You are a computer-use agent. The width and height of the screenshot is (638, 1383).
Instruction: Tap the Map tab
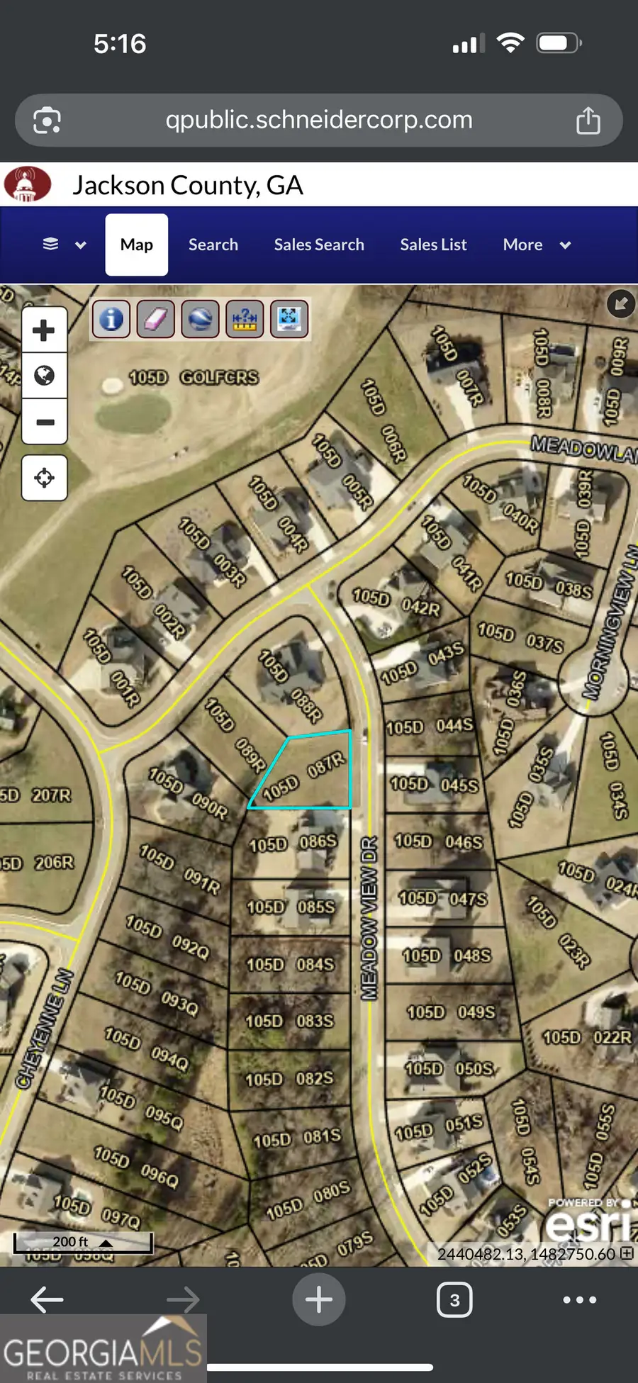coord(137,245)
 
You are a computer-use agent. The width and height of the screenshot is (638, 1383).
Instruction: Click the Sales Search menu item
coord(319,245)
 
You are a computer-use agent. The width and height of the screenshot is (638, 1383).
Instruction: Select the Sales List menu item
coord(433,245)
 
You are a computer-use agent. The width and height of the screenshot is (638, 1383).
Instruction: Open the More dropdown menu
coord(536,245)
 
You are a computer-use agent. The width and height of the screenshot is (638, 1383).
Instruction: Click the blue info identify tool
coord(111,319)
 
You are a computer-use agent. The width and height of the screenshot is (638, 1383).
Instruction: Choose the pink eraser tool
coord(155,319)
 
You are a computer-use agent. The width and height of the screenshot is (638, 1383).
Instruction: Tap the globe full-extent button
coord(44,375)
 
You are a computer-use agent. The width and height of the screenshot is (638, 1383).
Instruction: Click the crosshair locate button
coord(44,478)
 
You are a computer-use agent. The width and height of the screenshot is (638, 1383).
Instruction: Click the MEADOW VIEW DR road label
coord(369,918)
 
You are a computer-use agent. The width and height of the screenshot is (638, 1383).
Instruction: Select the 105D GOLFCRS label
coord(194,377)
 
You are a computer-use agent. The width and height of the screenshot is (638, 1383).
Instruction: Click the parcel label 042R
coord(420,607)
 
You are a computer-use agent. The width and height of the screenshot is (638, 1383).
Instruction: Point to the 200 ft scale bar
coord(83,1242)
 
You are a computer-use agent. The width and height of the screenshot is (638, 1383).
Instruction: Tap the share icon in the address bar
coord(588,121)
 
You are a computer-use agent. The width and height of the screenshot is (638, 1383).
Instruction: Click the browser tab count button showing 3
coord(454,1299)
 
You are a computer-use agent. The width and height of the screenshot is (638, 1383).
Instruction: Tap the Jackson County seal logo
coord(27,184)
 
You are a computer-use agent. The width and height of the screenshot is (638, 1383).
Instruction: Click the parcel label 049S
coord(476,1012)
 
